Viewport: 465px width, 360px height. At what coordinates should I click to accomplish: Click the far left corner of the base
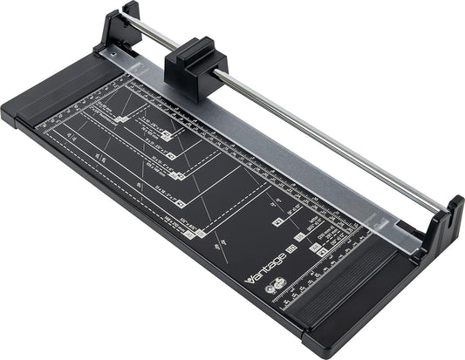click(7, 113)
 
